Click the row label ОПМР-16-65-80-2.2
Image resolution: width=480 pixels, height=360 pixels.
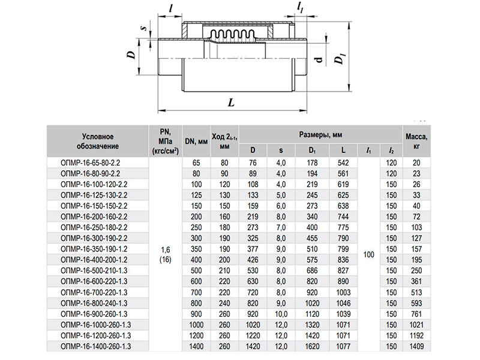(91, 163)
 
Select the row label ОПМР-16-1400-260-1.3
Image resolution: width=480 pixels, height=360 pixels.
(96, 347)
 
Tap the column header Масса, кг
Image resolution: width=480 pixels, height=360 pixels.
(416, 141)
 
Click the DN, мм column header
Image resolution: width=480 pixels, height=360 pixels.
(196, 142)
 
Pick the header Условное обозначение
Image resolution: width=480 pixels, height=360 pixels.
(98, 142)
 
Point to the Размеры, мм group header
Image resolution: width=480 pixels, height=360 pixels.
(320, 134)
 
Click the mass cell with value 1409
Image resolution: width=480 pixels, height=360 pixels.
(416, 347)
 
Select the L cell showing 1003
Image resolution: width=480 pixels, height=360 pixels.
(343, 292)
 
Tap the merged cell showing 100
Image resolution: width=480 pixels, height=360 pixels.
(368, 254)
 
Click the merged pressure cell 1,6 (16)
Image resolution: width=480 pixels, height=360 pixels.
(166, 254)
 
